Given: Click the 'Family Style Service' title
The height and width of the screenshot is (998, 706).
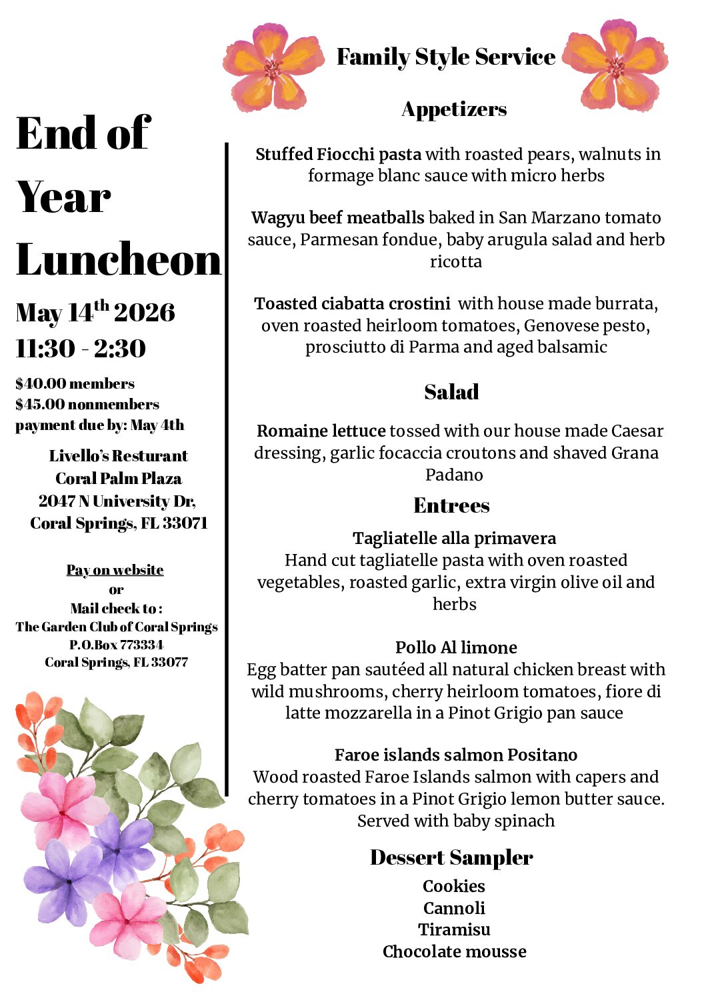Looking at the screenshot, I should point(445,57).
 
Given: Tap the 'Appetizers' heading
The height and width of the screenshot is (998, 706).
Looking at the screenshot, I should point(454,109).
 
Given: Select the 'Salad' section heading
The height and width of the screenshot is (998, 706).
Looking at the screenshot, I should point(451,392).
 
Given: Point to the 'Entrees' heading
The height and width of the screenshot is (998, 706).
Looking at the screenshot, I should point(451,505).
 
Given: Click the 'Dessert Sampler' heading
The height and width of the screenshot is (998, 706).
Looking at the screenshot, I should point(451,857).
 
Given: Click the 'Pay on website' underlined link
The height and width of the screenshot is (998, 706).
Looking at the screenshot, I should point(115,570).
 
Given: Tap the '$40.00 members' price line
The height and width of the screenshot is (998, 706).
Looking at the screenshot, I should point(75,383).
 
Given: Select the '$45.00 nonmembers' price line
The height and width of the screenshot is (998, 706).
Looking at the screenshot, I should point(87,404).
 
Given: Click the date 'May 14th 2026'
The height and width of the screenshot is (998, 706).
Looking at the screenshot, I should point(95,312).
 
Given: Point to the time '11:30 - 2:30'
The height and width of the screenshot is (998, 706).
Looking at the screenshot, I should point(81,348).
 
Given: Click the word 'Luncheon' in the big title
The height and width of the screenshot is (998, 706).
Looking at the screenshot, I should point(119,260).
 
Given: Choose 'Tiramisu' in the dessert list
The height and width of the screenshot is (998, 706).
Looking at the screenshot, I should point(454,929).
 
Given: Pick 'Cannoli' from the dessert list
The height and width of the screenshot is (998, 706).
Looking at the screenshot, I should point(454,908).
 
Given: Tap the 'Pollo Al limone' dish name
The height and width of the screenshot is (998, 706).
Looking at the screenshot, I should point(456,647).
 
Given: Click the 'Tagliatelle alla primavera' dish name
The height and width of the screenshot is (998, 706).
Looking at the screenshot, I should point(454,538).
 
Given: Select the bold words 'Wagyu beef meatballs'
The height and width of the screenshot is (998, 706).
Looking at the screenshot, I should point(338,217).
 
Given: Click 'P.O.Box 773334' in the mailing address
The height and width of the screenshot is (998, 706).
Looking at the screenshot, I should point(116,645).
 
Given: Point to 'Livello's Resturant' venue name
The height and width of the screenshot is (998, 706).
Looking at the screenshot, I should point(118,456).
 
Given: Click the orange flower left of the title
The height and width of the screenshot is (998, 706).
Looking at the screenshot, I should point(273,67).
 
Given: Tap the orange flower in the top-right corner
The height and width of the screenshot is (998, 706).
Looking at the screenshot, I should point(616,65).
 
